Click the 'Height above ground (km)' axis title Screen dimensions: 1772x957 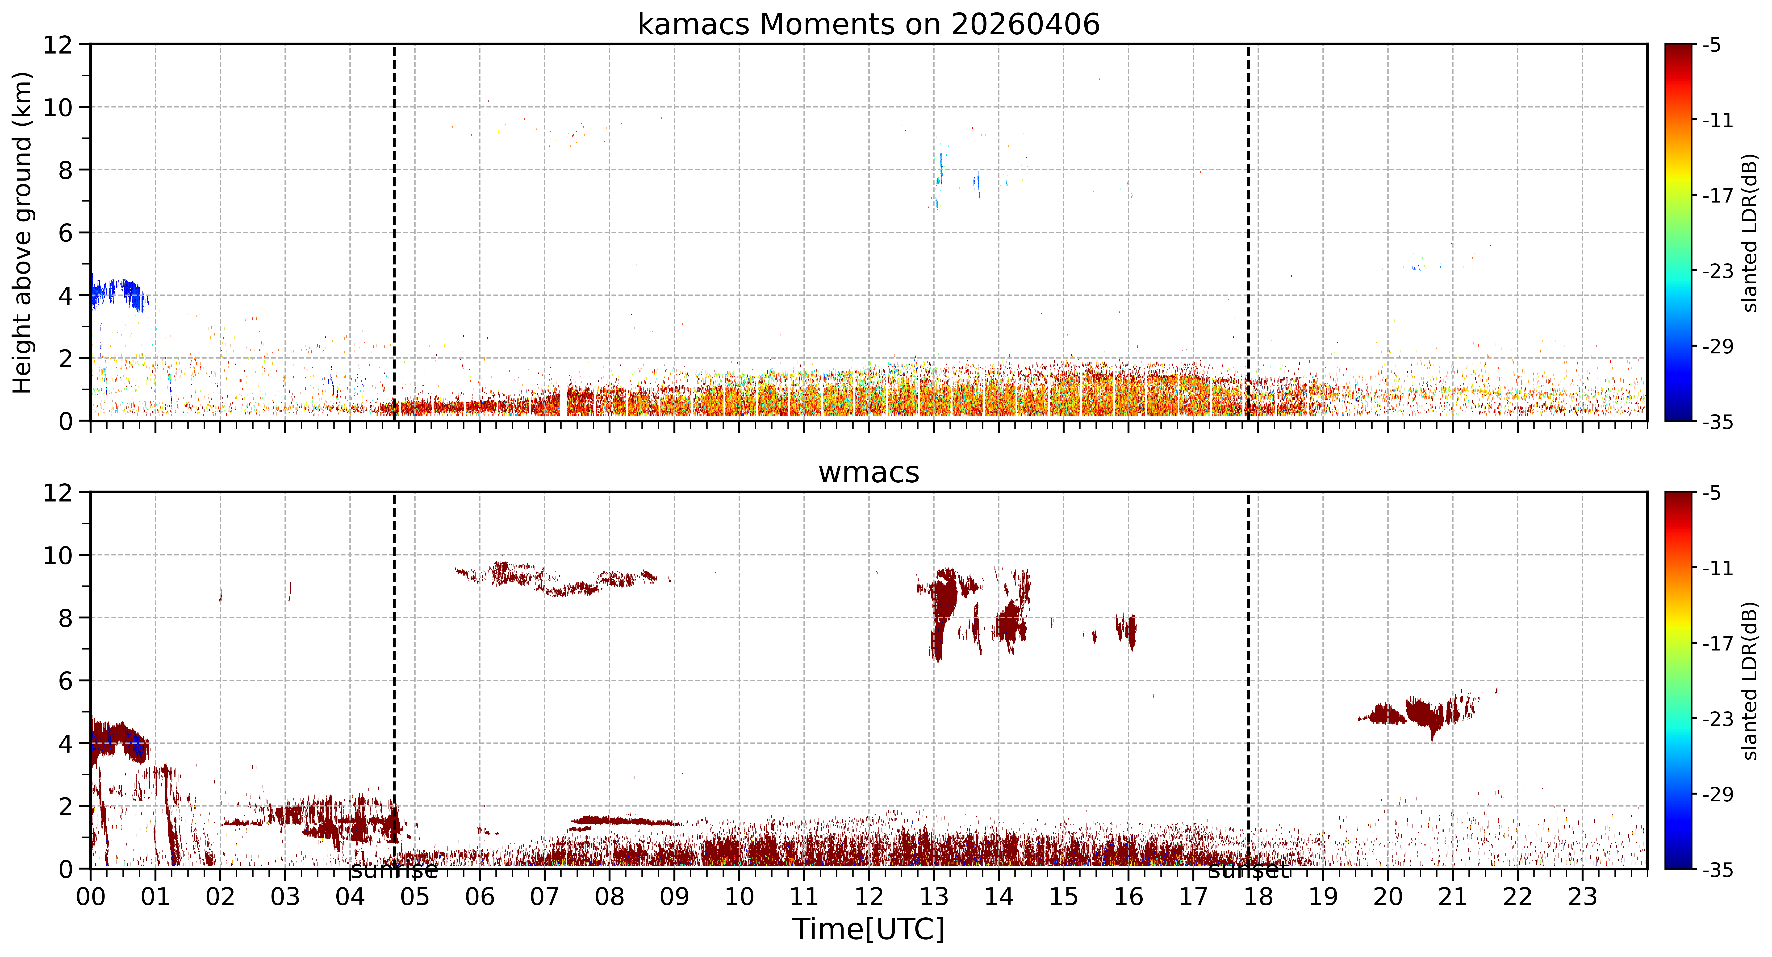point(22,232)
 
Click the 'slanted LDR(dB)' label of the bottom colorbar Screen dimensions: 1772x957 point(1751,681)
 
